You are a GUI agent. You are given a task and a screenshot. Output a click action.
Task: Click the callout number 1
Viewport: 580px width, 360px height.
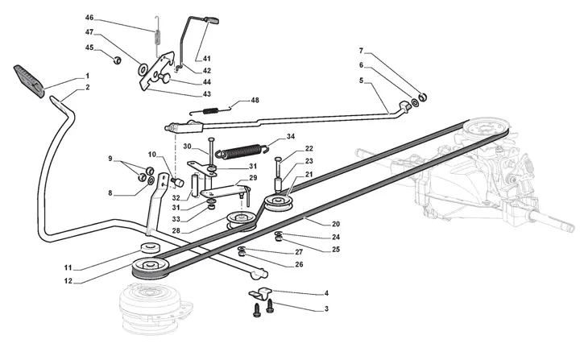pos(87,77)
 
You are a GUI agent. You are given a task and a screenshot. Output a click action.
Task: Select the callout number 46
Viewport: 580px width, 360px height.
pos(89,17)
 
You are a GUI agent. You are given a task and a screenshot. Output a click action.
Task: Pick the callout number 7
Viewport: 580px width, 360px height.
pos(362,50)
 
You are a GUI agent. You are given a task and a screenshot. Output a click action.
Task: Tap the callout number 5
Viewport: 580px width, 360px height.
pos(362,81)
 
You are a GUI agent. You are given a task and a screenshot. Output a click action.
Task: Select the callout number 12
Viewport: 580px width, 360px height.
pos(69,281)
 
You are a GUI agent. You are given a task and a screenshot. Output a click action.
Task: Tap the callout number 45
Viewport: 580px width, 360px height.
pos(89,48)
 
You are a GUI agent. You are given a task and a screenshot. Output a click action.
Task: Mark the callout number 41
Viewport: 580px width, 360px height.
pos(207,59)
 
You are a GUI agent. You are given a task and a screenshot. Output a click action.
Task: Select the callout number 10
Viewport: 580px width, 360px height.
pos(152,154)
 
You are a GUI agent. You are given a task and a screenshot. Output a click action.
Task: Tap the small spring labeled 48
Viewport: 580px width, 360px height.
pos(209,110)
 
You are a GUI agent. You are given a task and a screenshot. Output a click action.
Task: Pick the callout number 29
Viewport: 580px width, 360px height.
pos(252,178)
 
